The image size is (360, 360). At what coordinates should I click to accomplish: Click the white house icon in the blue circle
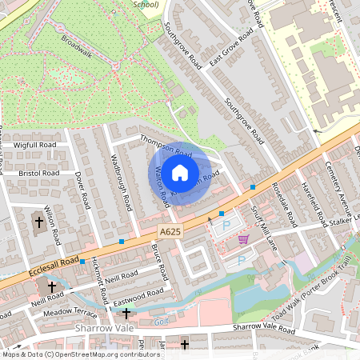pyautogui.click(x=180, y=172)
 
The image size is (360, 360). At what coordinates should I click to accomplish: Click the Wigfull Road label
pyautogui.click(x=36, y=145)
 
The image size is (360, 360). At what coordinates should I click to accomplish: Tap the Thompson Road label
pyautogui.click(x=166, y=146)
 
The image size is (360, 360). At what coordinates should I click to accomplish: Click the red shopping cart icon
pyautogui.click(x=243, y=238)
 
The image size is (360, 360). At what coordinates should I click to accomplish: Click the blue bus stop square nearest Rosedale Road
pyautogui.click(x=253, y=187)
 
